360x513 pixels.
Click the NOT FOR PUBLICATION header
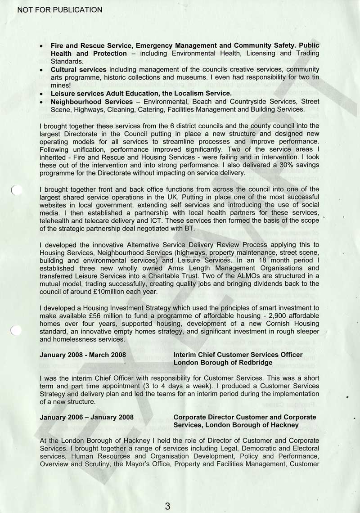(59, 9)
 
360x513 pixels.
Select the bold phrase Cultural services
(78, 70)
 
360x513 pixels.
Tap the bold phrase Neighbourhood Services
(91, 102)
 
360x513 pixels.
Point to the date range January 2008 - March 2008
(83, 355)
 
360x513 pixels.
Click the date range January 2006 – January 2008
(86, 417)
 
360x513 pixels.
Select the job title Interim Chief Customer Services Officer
(238, 355)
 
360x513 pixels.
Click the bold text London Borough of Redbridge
(223, 362)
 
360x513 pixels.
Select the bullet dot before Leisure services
(41, 94)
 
